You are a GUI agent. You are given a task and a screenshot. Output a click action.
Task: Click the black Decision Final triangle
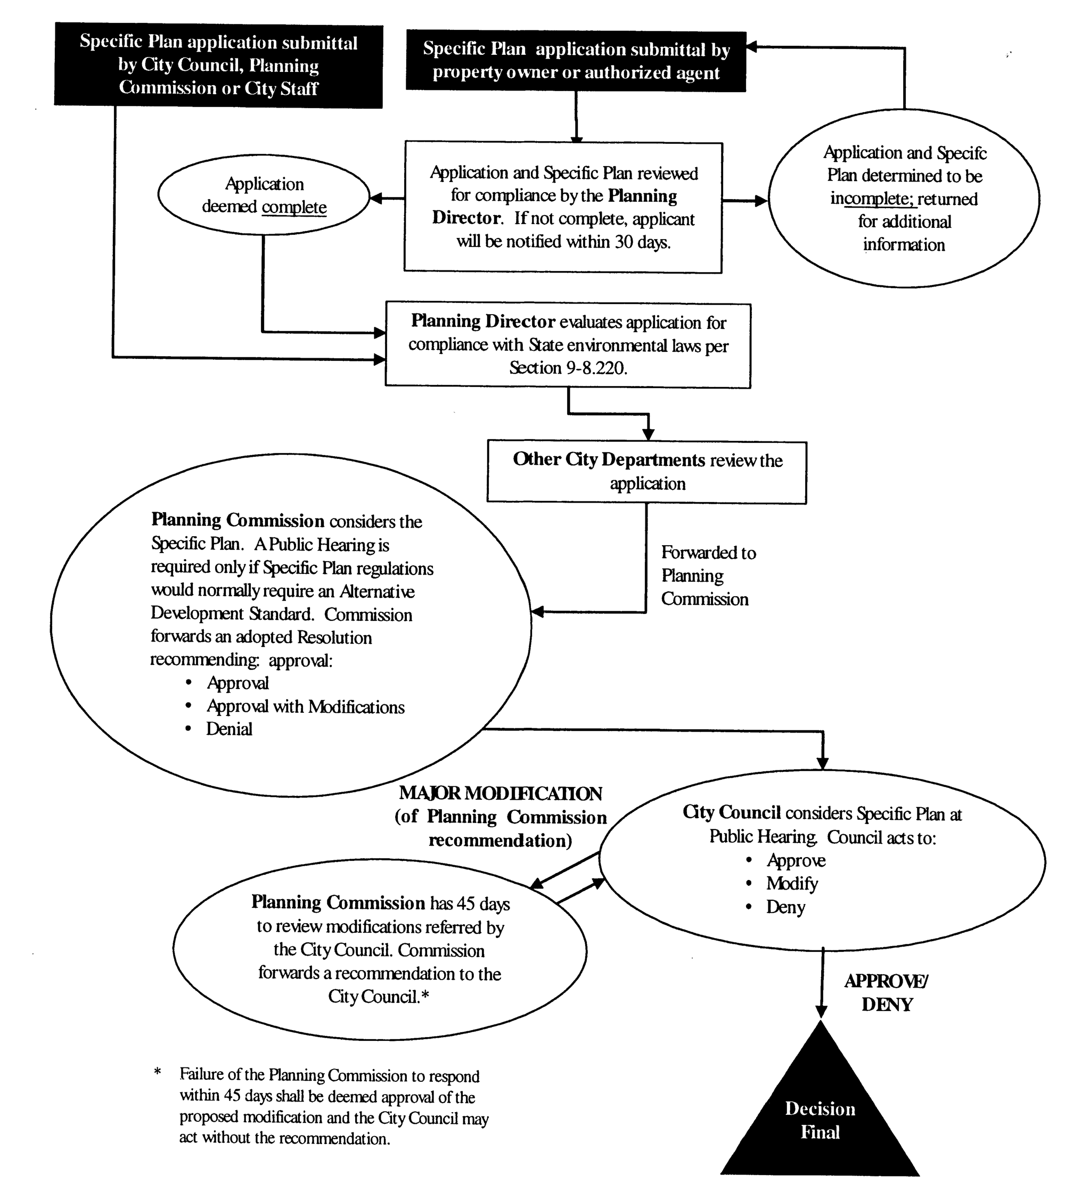coord(820,1119)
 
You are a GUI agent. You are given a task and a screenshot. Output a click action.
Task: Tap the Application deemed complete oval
coord(264,195)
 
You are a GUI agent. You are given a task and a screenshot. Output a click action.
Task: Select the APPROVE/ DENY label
coord(887,992)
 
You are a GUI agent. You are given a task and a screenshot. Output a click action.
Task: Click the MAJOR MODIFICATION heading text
coord(500,794)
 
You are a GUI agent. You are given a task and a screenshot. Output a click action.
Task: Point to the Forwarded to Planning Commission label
coord(708,576)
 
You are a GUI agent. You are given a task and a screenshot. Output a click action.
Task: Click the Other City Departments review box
coord(646,473)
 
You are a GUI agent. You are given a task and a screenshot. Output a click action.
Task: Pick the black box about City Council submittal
coord(218,65)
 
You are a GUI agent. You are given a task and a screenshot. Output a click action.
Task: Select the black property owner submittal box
coord(576,61)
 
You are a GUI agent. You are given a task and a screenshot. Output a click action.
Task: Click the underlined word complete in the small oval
coord(294,207)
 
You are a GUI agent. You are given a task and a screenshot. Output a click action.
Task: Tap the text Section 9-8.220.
coord(568,368)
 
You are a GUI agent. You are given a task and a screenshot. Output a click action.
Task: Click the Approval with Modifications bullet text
coord(305,707)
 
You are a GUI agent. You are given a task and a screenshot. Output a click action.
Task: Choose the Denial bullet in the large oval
coord(229,729)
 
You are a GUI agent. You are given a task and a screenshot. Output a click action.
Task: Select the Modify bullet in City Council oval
coord(791,884)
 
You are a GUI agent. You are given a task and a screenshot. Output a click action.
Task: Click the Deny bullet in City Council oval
coord(785,907)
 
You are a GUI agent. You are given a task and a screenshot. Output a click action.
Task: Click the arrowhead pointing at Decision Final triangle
coord(821,1010)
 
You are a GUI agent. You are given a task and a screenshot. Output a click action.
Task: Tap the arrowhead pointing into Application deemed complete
coord(376,199)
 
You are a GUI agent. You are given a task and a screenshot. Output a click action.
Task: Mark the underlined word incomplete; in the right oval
coord(872,199)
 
